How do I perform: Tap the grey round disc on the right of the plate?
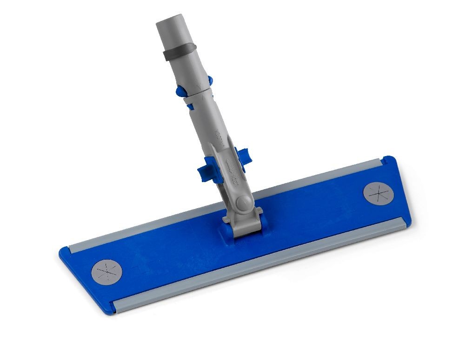pos(377,193)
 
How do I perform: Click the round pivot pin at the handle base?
pos(242,203)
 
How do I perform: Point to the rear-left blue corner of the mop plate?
pos(65,251)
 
